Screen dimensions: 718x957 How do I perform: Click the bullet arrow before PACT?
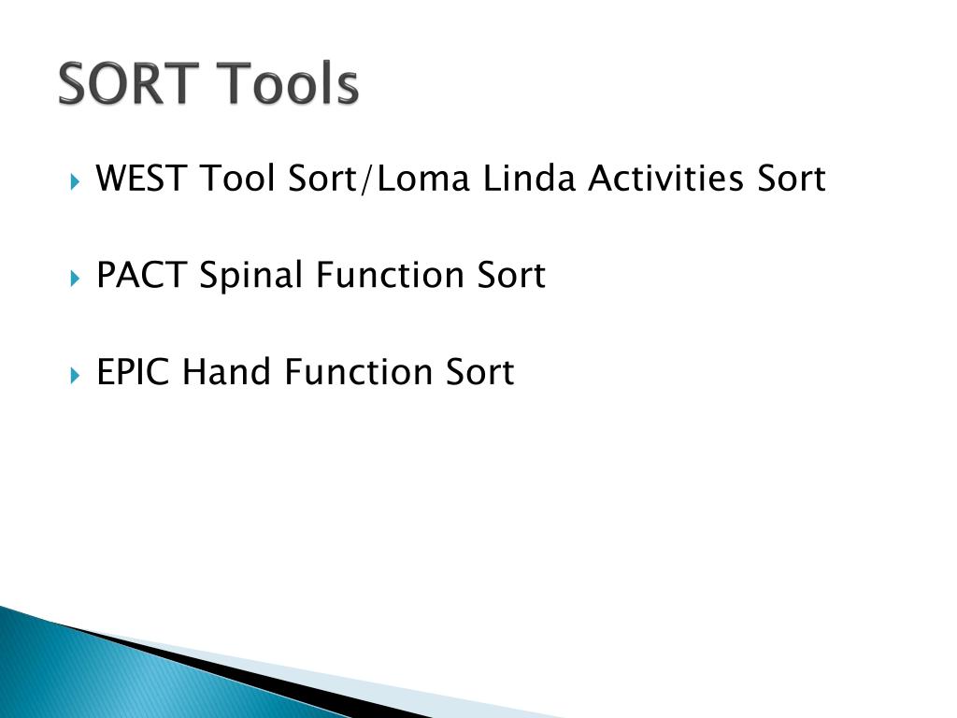point(75,278)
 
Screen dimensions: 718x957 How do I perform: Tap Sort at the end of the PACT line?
point(511,275)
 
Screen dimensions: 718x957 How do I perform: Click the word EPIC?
point(134,372)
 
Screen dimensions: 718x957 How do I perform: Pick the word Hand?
point(227,372)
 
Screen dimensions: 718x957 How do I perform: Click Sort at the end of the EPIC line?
point(479,372)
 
